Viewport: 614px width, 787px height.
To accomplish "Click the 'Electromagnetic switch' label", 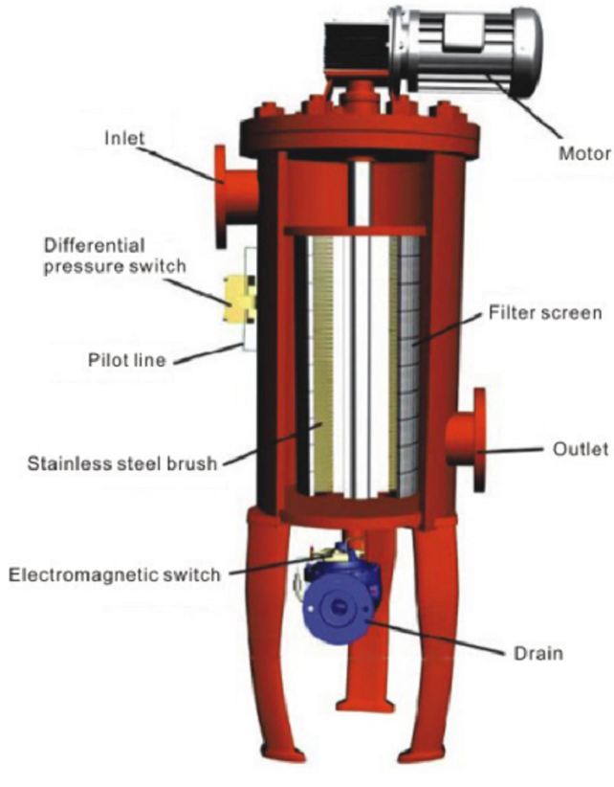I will (x=114, y=574).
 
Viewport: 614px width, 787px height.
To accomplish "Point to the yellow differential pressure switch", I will (x=235, y=297).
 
